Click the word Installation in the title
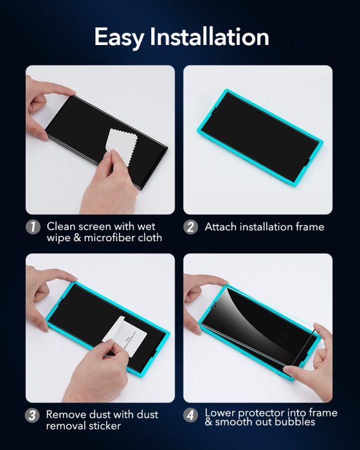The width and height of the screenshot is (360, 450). [x=209, y=37]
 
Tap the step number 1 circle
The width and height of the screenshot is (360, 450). [x=33, y=227]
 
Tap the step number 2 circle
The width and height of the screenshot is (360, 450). [x=191, y=227]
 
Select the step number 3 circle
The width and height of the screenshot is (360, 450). [x=32, y=415]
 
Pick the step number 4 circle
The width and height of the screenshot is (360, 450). [x=191, y=415]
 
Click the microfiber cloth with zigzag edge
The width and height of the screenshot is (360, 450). [x=121, y=146]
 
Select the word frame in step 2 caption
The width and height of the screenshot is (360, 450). [x=310, y=227]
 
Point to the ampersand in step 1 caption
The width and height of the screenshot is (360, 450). [x=77, y=238]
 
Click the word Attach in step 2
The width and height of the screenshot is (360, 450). [x=220, y=227]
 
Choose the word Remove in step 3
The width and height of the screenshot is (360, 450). [x=66, y=415]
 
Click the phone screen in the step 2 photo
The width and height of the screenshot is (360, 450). [x=260, y=137]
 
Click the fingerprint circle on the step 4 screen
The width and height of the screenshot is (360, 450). [x=282, y=338]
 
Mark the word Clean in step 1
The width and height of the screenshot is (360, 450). [x=61, y=226]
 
